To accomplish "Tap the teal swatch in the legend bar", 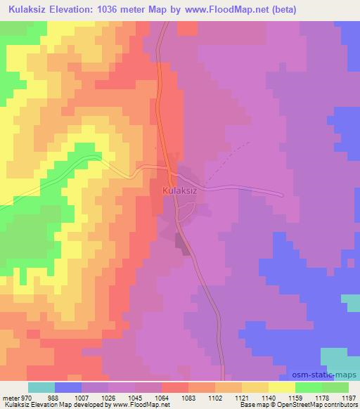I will point(42,387).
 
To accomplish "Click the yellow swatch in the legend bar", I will point(282,387).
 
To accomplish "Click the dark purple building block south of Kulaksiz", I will point(183,244).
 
